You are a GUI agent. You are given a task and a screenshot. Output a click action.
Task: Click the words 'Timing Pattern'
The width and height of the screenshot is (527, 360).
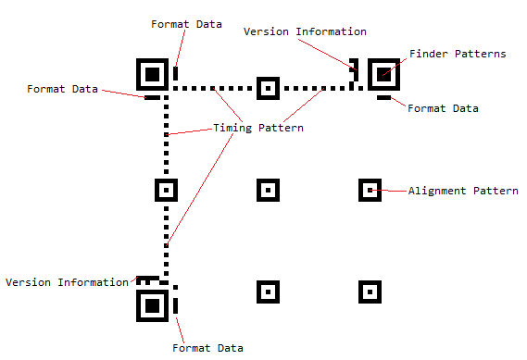(x=258, y=128)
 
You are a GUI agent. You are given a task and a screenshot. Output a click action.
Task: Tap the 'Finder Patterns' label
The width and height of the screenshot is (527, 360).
(x=458, y=55)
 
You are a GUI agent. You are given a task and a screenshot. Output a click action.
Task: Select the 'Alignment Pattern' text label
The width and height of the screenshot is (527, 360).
(x=463, y=191)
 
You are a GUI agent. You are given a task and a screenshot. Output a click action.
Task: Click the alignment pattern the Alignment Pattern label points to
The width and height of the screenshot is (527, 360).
(x=370, y=191)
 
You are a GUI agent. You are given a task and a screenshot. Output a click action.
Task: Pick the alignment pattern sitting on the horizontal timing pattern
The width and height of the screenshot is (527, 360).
(x=268, y=89)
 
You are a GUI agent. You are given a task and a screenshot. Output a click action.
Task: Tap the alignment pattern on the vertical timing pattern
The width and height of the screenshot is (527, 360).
(x=166, y=191)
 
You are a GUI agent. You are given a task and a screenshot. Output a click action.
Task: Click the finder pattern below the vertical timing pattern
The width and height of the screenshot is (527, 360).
(x=152, y=304)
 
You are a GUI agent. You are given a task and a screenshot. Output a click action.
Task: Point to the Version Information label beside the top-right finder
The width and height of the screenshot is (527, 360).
(x=305, y=31)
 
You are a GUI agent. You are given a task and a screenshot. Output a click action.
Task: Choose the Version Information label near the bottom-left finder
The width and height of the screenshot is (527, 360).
(x=67, y=282)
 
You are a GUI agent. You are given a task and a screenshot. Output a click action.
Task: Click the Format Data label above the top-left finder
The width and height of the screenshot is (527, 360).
(x=186, y=23)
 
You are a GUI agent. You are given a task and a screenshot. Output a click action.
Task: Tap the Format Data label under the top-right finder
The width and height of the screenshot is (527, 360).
(x=444, y=108)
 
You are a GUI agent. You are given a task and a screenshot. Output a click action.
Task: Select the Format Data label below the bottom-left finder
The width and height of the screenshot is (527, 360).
(x=208, y=348)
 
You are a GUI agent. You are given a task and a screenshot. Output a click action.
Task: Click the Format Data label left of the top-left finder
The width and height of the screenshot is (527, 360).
(x=63, y=89)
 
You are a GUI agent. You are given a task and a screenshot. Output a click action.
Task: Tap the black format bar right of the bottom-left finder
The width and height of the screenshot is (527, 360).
(x=175, y=304)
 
